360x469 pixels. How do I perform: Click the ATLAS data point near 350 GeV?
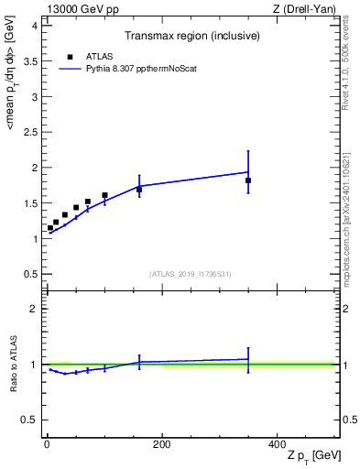(x=248, y=180)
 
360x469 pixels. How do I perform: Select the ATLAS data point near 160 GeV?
(x=139, y=190)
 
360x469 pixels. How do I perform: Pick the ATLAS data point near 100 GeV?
(x=104, y=195)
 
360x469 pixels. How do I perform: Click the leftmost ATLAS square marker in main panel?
(x=50, y=228)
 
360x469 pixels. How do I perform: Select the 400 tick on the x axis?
(x=277, y=444)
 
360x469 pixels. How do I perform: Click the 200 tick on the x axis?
(x=162, y=444)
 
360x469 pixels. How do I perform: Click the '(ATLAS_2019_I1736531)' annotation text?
(x=191, y=274)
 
